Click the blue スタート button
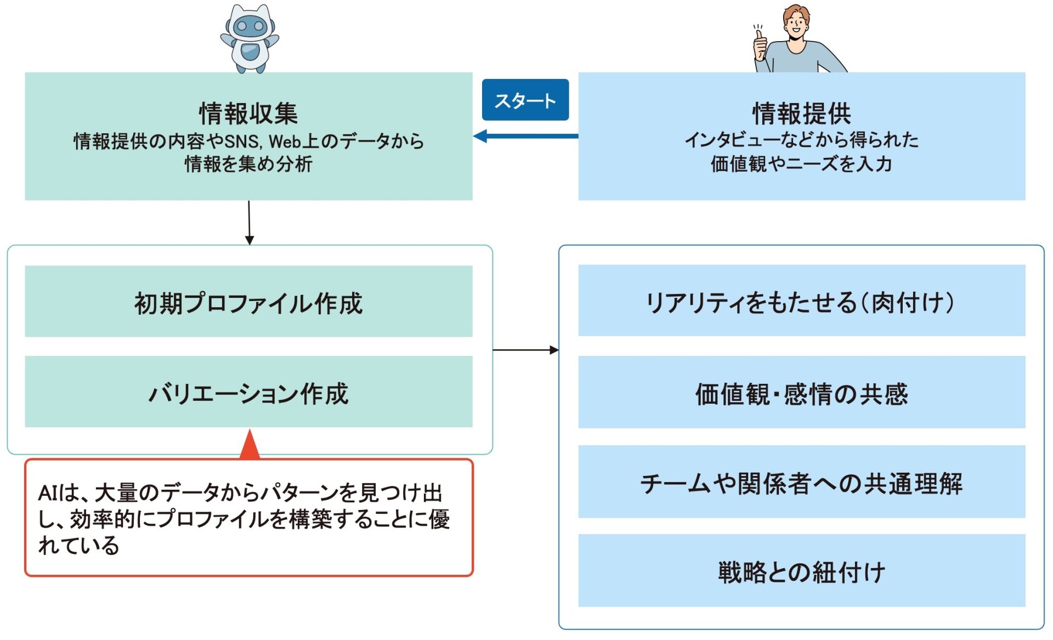(x=525, y=100)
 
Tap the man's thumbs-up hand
(x=760, y=45)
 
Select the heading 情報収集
(x=248, y=114)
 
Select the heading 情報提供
(x=801, y=114)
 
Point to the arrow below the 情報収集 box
(x=249, y=222)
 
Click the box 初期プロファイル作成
(x=248, y=302)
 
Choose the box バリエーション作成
(x=248, y=392)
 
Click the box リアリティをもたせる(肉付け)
(x=801, y=301)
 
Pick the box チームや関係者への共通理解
(x=801, y=482)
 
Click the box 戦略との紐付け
(x=801, y=571)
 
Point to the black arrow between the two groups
(x=525, y=350)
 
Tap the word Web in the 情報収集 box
(x=285, y=141)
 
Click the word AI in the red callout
(x=47, y=493)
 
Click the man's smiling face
(x=796, y=25)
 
